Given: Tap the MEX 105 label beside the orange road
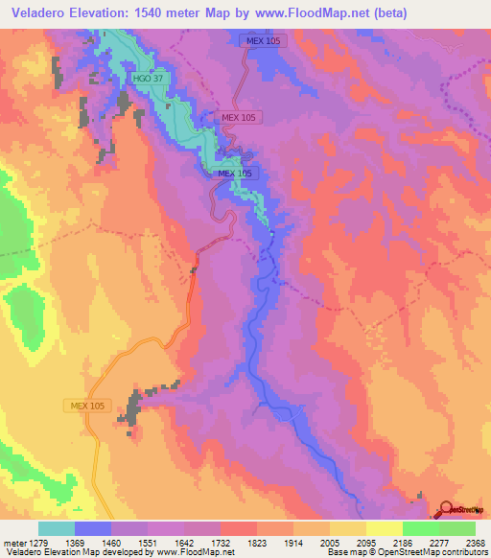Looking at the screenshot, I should click(87, 405).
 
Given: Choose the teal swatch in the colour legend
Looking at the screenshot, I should click(57, 528).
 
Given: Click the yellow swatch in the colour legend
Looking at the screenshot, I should click(385, 528).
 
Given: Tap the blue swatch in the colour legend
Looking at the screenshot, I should click(93, 528).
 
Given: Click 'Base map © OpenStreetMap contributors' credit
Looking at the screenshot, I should click(406, 551).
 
